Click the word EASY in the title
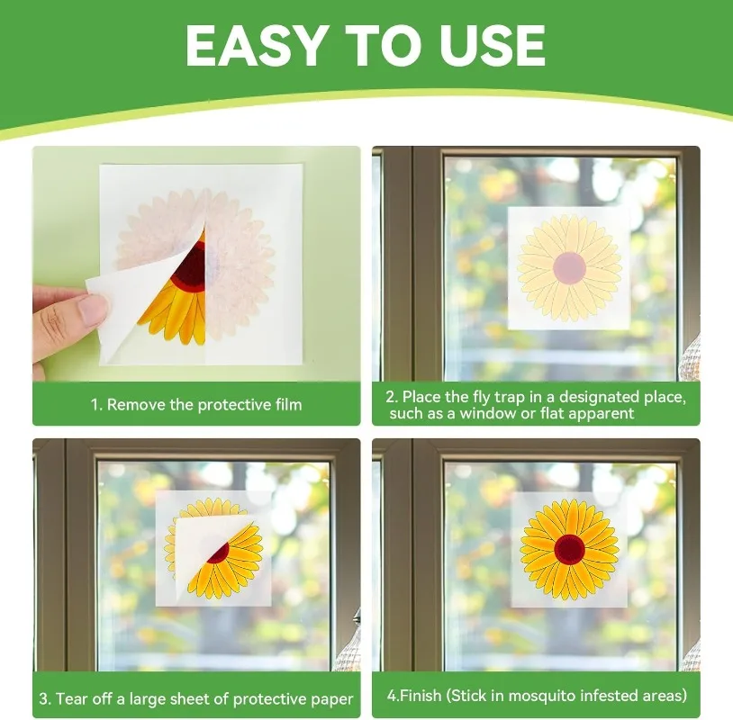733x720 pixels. coord(255,45)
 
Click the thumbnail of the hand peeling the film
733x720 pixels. coord(196,264)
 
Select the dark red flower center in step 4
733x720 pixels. coord(569,549)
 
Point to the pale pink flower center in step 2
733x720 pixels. coord(569,267)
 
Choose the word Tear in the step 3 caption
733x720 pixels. coord(71,699)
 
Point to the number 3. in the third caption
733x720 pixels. coord(45,699)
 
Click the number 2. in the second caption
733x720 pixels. coord(392,397)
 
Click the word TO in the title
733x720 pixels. coord(376,45)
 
